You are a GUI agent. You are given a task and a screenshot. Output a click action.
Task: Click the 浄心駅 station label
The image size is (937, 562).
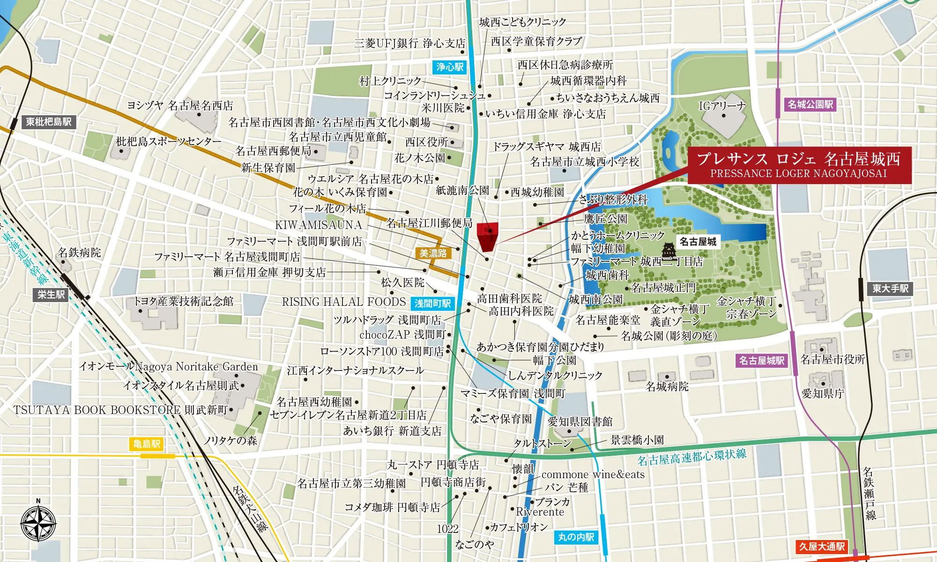click(450, 67)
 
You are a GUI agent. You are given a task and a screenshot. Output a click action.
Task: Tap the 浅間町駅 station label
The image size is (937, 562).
click(432, 303)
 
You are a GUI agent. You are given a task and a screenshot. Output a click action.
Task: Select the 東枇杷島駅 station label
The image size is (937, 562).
click(48, 122)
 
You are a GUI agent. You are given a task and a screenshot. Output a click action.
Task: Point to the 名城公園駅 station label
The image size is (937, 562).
click(810, 104)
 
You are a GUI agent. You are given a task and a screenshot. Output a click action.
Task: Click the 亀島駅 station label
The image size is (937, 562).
click(147, 444)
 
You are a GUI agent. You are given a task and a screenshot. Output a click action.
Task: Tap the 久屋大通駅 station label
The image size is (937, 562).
click(822, 547)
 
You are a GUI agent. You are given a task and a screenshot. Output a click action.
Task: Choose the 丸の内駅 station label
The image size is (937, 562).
click(576, 537)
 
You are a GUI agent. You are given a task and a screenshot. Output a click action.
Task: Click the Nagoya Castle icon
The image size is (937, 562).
click(669, 249)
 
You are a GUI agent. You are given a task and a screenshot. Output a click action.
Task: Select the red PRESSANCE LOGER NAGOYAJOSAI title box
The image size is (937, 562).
click(799, 165)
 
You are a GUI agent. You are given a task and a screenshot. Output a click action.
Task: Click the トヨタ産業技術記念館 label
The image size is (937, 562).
click(183, 301)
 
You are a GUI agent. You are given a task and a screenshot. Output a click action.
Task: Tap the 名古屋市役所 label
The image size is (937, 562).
click(833, 359)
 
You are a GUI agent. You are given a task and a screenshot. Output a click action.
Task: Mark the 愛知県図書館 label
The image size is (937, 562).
click(580, 421)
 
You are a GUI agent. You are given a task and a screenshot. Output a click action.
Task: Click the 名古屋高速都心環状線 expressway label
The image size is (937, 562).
click(692, 456)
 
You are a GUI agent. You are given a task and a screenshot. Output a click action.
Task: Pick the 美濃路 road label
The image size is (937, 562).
click(433, 253)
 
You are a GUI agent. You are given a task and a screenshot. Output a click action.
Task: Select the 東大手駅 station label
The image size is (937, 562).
click(890, 288)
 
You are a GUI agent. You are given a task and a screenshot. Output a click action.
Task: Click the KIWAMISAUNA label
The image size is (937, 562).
click(318, 225)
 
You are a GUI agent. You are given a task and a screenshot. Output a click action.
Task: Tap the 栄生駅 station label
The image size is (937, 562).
click(52, 295)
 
